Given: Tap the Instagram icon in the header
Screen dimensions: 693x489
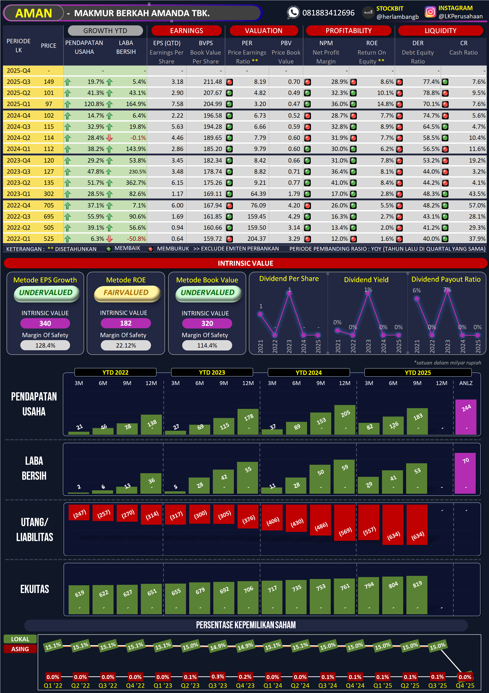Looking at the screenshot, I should click(430, 12).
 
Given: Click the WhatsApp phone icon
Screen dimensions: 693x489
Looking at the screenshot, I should click(293, 13).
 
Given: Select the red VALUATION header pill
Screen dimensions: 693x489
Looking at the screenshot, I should click(264, 31).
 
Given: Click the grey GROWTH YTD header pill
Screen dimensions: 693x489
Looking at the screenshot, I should click(105, 31).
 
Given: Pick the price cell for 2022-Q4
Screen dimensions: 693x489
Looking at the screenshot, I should click(49, 206).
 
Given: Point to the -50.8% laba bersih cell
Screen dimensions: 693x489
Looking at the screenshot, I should click(136, 239).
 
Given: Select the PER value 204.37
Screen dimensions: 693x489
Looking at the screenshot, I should click(257, 239).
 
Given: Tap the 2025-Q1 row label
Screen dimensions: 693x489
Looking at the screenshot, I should click(18, 104).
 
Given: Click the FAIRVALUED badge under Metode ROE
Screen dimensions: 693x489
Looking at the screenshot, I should click(126, 293).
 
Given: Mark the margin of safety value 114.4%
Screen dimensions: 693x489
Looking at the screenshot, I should click(207, 346).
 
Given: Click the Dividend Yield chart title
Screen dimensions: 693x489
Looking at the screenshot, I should click(366, 280).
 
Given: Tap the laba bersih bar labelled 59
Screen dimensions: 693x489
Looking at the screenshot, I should click(345, 477).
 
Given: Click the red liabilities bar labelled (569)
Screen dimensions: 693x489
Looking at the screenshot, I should click(345, 522).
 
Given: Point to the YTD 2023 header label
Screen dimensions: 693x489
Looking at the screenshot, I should click(212, 372).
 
